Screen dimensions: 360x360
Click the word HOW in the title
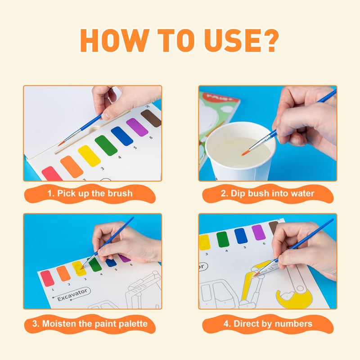pos(107,42)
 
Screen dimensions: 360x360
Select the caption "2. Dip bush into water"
pos(268,194)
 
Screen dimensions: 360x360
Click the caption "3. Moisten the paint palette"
pos(92,324)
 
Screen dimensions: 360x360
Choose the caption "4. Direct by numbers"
pos(268,324)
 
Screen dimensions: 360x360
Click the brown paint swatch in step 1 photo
pos(151,118)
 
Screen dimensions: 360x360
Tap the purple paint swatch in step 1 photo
pos(137,127)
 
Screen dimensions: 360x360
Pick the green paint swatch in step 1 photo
pos(106,145)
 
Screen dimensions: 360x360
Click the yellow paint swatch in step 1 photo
pos(89,156)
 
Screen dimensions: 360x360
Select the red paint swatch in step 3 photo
pos(47,278)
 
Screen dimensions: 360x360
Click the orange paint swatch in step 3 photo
pos(63,273)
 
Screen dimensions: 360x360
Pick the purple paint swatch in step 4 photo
pos(258,232)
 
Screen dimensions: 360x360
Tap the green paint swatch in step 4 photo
pos(223,239)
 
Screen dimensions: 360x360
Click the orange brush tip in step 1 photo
pos(61,143)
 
